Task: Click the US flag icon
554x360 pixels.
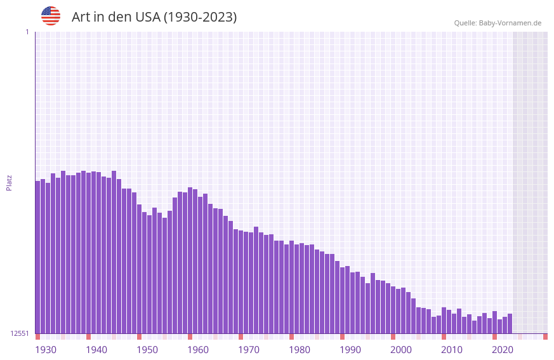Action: [x=51, y=16]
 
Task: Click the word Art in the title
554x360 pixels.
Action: [x=81, y=17]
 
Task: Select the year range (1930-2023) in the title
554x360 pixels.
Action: [x=200, y=17]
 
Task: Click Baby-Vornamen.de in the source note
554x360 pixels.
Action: [x=510, y=23]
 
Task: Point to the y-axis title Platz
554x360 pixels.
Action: [x=9, y=182]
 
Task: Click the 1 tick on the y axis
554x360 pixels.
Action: [x=27, y=32]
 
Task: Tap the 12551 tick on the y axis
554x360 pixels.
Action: [x=20, y=333]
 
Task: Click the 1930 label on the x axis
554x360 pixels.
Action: [x=46, y=350]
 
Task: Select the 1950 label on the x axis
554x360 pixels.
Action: [x=147, y=350]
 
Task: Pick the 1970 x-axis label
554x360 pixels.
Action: [x=249, y=350]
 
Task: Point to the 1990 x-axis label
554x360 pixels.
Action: [x=350, y=350]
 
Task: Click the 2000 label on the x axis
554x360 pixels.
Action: [x=401, y=350]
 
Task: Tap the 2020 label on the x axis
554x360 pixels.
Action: [x=503, y=350]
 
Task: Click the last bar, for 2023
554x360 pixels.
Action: [x=510, y=323]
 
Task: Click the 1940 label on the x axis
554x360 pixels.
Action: [x=96, y=350]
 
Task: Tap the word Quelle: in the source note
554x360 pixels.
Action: [x=465, y=23]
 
